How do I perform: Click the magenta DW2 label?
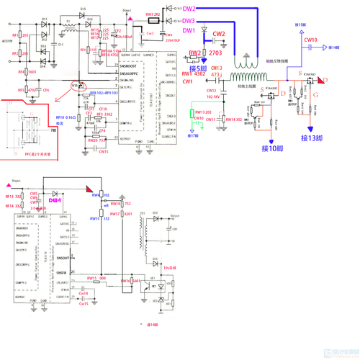click(188, 9)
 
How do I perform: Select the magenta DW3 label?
click(188, 20)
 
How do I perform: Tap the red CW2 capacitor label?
click(219, 34)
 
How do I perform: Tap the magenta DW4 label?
click(54, 200)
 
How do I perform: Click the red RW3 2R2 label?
click(153, 14)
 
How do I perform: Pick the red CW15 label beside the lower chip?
click(84, 303)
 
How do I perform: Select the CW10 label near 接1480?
click(311, 40)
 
